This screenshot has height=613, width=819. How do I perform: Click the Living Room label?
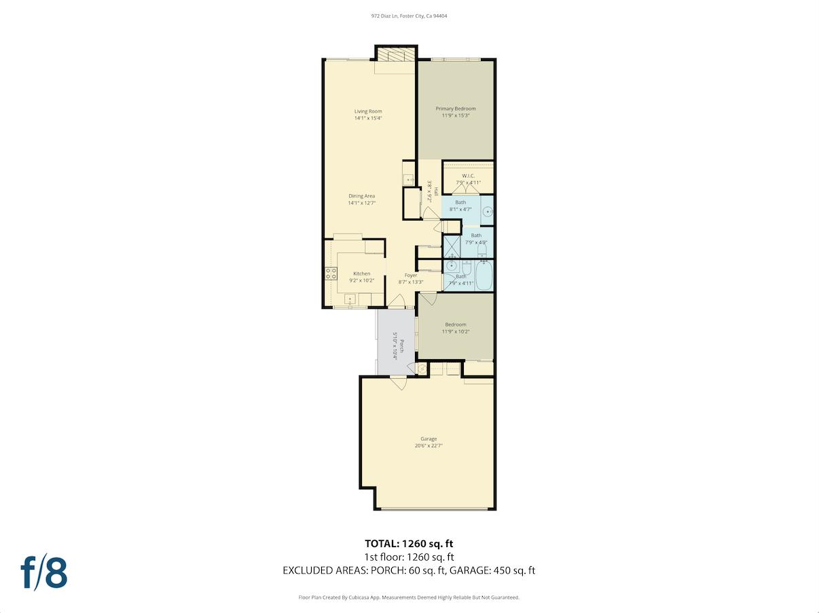[368, 111]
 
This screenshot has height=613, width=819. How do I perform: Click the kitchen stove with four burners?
[331, 274]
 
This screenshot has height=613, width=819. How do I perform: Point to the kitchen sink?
[350, 298]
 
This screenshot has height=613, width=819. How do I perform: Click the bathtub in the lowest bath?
[484, 276]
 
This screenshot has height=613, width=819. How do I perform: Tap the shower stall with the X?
[452, 244]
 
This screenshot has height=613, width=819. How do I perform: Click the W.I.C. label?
[468, 176]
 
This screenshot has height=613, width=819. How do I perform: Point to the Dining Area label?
[361, 196]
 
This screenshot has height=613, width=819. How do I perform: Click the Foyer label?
[411, 275]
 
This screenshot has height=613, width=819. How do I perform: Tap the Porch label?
[401, 346]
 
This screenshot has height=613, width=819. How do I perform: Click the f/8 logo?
[44, 572]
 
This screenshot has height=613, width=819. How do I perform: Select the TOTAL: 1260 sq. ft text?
[409, 543]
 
